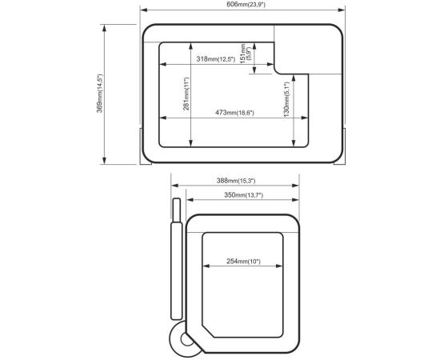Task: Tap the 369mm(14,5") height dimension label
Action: (100, 93)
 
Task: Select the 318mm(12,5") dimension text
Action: (216, 59)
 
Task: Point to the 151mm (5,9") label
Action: (246, 54)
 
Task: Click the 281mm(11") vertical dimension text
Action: (186, 94)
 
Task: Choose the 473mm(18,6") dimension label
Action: (234, 113)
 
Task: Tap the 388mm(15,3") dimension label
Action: (236, 181)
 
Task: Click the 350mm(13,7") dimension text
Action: (243, 195)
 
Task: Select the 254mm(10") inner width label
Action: (243, 262)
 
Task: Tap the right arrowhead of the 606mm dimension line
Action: (342, 10)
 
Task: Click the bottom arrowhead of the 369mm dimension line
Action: (104, 161)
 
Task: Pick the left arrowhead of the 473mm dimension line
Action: (162, 118)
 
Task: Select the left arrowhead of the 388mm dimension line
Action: (174, 186)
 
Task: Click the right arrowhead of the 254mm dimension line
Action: (279, 266)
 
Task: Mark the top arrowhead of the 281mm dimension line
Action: (191, 46)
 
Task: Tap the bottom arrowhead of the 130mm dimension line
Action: (294, 143)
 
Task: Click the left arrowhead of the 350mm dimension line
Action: (190, 200)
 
